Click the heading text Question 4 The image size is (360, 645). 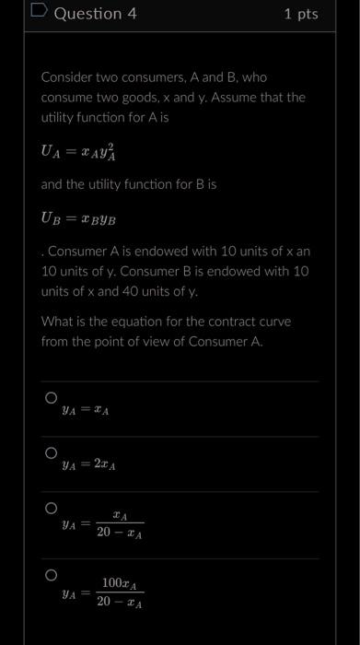[95, 14]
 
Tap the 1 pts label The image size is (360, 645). [300, 14]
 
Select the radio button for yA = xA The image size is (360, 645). [51, 399]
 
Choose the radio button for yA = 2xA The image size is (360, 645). [51, 453]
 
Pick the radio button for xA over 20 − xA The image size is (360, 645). [51, 509]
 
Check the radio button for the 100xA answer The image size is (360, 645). [51, 576]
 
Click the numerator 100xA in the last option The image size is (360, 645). [120, 583]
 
